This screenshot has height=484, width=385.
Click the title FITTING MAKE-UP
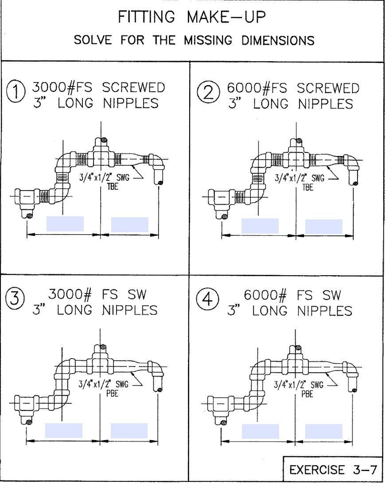point(193,17)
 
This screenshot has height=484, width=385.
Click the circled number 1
point(16,94)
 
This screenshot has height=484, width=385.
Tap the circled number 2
point(211,94)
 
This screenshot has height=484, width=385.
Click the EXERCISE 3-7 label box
point(333,469)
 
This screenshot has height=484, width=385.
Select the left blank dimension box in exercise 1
point(65,223)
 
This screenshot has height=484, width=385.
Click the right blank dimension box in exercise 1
point(129,224)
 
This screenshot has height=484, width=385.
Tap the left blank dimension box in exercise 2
point(260,226)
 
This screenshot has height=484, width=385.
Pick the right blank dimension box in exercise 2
point(324,226)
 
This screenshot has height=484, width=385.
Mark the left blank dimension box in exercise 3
point(64,430)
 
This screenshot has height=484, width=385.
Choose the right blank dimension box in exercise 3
point(129,430)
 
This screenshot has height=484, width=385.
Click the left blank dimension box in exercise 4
point(260,431)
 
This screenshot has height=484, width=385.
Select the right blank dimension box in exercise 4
point(324,431)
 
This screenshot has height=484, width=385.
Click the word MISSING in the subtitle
point(208,40)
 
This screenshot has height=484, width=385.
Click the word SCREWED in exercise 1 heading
point(133,87)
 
